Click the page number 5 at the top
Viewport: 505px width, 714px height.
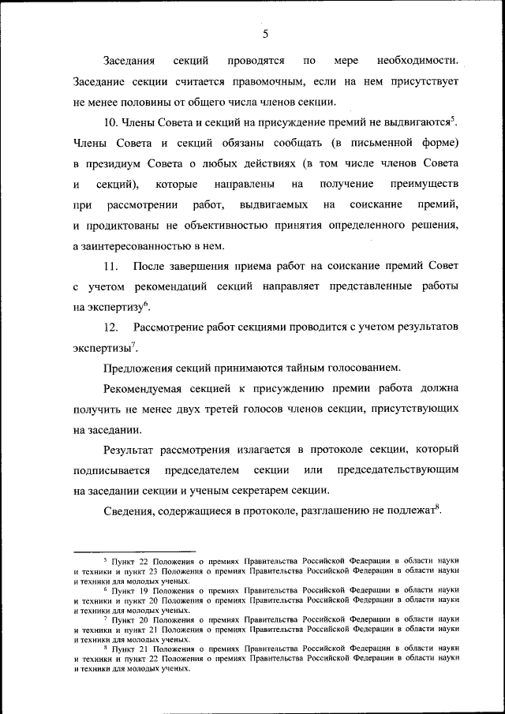coord(266,33)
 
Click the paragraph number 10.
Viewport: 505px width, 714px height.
coord(110,122)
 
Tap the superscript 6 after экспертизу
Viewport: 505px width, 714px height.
coord(148,304)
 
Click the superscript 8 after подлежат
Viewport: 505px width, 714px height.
coord(436,507)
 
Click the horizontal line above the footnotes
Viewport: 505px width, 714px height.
coord(134,552)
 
